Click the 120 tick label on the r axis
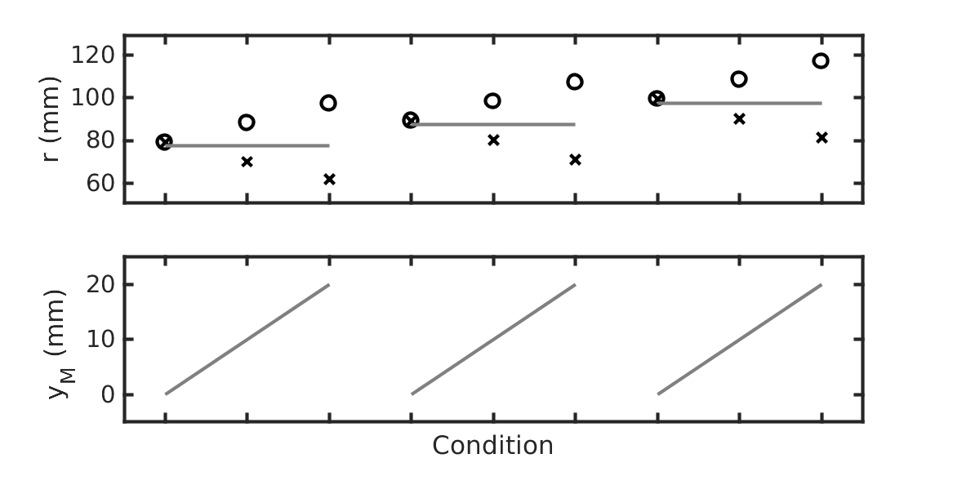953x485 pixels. pos(93,56)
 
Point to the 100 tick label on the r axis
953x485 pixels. pos(93,98)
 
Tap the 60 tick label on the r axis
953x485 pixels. pos(100,183)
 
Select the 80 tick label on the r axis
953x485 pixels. pos(100,140)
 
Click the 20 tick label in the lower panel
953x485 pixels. pos(100,284)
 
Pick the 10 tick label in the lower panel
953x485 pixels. pos(100,339)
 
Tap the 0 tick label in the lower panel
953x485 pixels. pos(108,394)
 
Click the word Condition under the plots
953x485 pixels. pos(493,446)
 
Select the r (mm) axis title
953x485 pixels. pos(52,119)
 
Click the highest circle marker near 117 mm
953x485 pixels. pos(821,60)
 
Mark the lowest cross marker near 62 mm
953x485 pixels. pos(329,180)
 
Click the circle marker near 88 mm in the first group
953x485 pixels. pos(246,122)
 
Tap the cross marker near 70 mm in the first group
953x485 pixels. pos(247,162)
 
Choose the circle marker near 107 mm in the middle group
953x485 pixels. pos(574,82)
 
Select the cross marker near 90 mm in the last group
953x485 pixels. pos(739,119)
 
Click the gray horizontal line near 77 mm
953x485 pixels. pos(247,146)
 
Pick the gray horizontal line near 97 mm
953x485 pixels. pos(739,104)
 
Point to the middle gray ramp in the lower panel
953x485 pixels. pos(493,339)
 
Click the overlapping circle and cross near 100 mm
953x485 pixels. pos(657,98)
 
